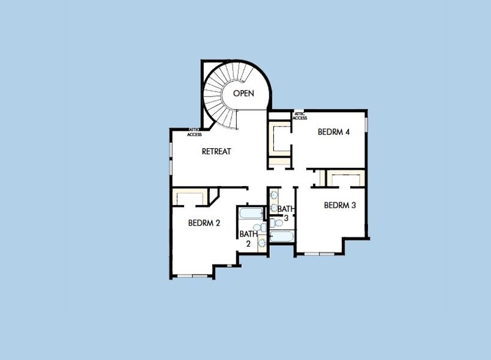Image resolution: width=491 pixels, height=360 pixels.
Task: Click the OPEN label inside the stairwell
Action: tap(243, 93)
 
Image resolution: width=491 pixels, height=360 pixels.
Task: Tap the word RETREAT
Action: tap(216, 151)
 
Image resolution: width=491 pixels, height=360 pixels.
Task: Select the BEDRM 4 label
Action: tap(334, 132)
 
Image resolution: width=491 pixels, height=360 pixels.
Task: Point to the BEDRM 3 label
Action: tap(340, 205)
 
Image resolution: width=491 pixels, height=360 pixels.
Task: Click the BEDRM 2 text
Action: tap(204, 223)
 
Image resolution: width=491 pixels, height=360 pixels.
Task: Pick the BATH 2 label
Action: tap(248, 238)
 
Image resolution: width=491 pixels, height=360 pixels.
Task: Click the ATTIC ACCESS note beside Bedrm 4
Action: tap(300, 116)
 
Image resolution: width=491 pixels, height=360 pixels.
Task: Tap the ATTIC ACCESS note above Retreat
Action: tap(194, 133)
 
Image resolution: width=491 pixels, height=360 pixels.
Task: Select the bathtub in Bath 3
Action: tap(281, 236)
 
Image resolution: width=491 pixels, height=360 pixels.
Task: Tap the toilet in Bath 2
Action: tap(257, 229)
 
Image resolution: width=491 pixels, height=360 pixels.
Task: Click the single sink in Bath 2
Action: tap(262, 242)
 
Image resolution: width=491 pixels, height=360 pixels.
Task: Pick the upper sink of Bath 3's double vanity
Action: tap(273, 195)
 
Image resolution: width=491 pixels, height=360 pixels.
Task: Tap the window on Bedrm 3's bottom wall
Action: tap(320, 254)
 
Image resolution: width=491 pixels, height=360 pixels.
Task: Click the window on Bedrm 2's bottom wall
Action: tap(192, 276)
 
